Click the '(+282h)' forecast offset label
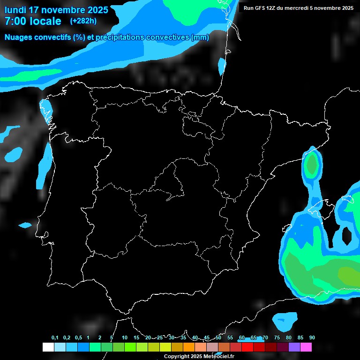click(83, 21)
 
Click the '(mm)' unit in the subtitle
click(200, 37)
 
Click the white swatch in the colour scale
click(48, 347)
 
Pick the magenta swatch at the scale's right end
click(306, 347)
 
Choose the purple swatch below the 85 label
click(294, 347)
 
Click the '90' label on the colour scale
click(312, 338)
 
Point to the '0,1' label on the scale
click(55, 338)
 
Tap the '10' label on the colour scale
click(124, 338)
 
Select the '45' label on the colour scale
click(207, 338)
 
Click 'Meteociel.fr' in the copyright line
click(219, 357)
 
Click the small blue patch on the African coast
click(285, 321)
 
